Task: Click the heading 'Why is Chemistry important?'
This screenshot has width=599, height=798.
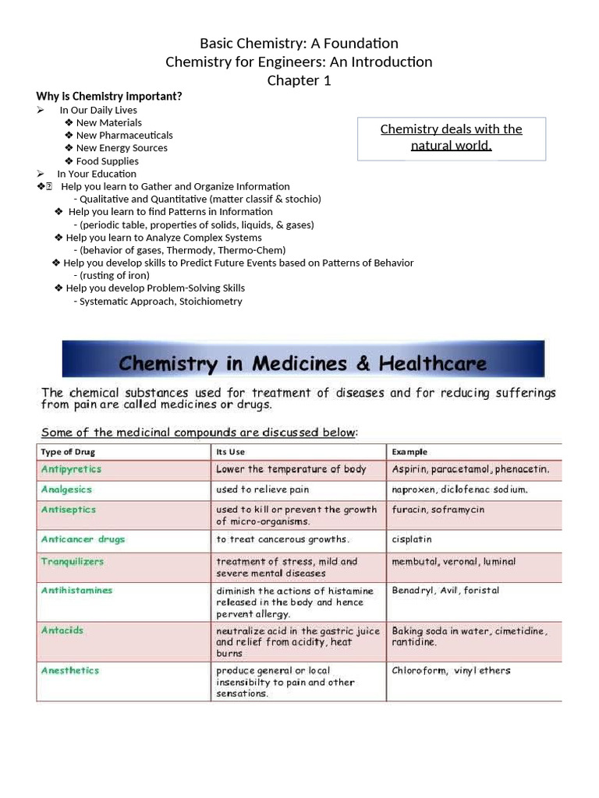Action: pyautogui.click(x=109, y=97)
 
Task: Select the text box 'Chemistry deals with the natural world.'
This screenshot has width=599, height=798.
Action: pyautogui.click(x=451, y=138)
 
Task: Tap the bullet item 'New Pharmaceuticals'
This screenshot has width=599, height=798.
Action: pyautogui.click(x=124, y=136)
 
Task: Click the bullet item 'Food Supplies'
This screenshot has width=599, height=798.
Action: pyautogui.click(x=107, y=161)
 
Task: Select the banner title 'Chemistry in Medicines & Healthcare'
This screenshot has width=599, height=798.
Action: pyautogui.click(x=303, y=363)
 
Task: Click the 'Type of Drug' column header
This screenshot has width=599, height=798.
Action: pyautogui.click(x=68, y=452)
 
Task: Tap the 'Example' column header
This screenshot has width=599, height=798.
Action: pyautogui.click(x=409, y=452)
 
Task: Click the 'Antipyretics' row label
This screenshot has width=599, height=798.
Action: pyautogui.click(x=71, y=470)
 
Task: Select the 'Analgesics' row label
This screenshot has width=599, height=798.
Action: pyautogui.click(x=66, y=490)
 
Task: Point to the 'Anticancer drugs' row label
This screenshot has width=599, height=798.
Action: pyautogui.click(x=83, y=539)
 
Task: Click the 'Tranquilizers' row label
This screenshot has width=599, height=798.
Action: pyautogui.click(x=73, y=562)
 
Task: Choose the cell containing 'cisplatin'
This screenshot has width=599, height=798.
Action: pyautogui.click(x=412, y=539)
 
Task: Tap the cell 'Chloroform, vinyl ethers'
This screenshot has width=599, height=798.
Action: pyautogui.click(x=451, y=671)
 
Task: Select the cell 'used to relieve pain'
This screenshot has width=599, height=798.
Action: pyautogui.click(x=263, y=490)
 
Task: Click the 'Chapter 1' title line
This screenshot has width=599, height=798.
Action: pyautogui.click(x=299, y=81)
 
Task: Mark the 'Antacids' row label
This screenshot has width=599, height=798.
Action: pyautogui.click(x=62, y=630)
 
